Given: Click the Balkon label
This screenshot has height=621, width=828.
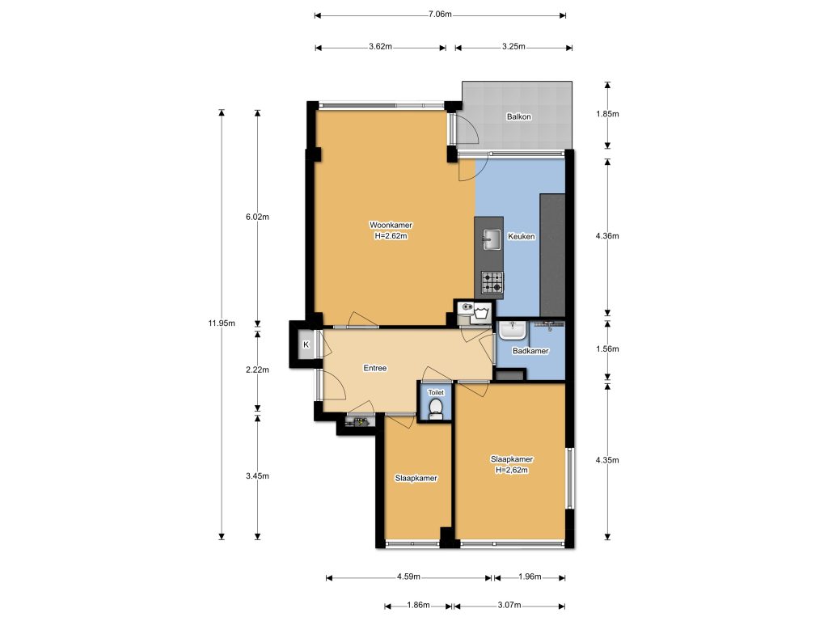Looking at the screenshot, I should (x=519, y=117).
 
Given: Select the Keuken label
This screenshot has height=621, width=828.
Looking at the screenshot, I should (x=521, y=237).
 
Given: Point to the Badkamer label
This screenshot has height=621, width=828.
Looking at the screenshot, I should (x=530, y=351).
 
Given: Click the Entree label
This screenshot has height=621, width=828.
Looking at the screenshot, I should (x=374, y=368).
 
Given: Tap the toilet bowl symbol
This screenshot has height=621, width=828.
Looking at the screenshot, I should (x=436, y=408).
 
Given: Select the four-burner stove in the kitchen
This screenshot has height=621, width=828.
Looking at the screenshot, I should (x=492, y=282).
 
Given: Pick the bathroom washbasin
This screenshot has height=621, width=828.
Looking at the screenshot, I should (x=512, y=330).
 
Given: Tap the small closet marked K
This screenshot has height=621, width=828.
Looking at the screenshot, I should (x=306, y=345).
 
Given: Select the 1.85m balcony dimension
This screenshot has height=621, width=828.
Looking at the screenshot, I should (x=606, y=114).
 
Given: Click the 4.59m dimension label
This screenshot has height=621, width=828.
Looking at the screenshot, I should (x=408, y=577).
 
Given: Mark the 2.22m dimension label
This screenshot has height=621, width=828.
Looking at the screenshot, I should (x=257, y=370).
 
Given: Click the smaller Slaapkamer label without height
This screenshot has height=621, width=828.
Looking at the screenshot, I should (x=416, y=478).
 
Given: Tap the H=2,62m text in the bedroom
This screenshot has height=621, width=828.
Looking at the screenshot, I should (x=511, y=470).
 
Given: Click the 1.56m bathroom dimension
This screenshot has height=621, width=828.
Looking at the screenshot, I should (x=606, y=349).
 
